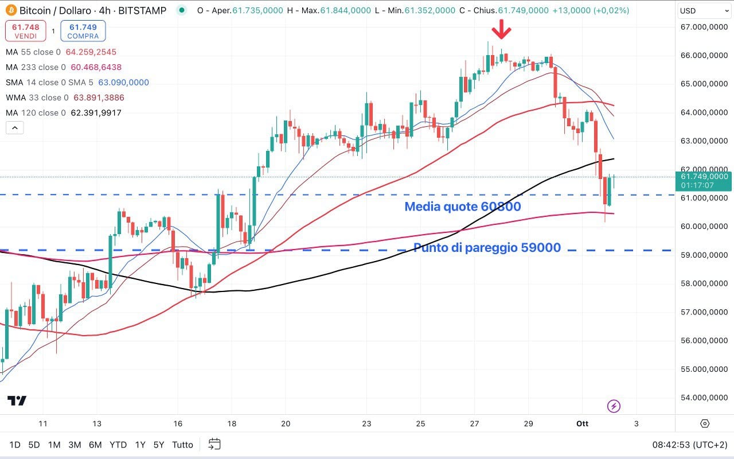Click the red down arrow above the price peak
[502, 29]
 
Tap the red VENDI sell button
[25, 31]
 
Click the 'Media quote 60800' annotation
[463, 207]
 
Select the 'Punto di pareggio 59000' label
[487, 248]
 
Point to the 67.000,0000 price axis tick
[703, 27]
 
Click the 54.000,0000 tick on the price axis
[703, 398]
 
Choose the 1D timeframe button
[15, 445]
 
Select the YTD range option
[118, 445]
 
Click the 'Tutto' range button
[182, 445]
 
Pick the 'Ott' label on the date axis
[582, 423]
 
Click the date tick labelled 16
[178, 423]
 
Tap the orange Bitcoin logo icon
[11, 10]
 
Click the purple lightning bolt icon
[614, 407]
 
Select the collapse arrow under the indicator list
[15, 128]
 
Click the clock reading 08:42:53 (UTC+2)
[690, 445]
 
